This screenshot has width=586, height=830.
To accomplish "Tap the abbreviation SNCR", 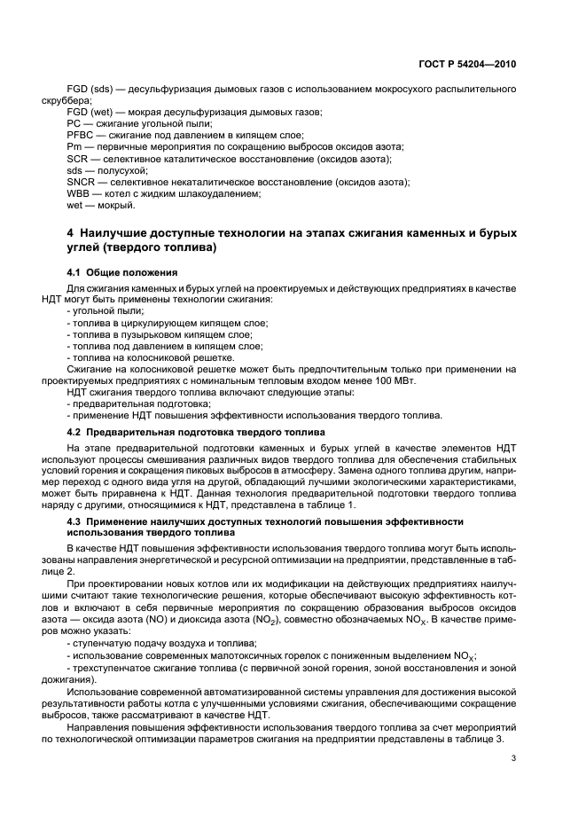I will click(x=82, y=181).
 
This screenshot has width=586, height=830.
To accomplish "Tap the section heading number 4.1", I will click(x=74, y=272).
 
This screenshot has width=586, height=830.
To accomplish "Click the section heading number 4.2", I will click(x=74, y=432).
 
